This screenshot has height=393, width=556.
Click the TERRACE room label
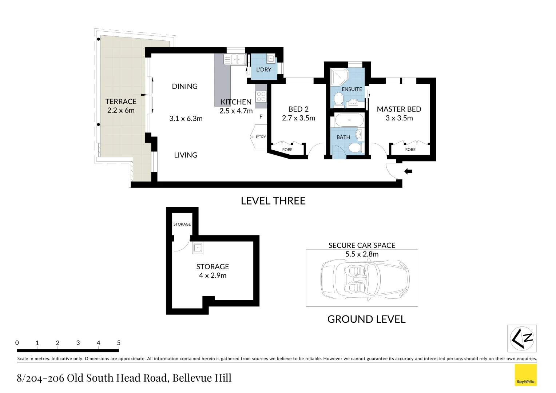point(121,102)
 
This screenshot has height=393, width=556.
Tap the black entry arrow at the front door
point(408,171)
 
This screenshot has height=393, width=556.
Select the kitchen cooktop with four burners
point(261,96)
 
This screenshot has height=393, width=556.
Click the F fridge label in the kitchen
point(261,117)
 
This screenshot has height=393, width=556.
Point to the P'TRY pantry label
point(261,137)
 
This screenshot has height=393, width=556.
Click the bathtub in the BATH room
point(349,120)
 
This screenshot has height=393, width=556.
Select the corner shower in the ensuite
point(339,77)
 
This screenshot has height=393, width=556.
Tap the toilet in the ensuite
point(339,99)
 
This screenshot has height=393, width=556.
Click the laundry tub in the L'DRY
point(271,59)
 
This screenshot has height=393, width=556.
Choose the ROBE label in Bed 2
point(287,150)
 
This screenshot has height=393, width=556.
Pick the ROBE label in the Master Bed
point(410,150)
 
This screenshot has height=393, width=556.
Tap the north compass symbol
point(522,338)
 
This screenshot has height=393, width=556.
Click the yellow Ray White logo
point(525,375)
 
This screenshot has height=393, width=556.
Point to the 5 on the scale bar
point(119,343)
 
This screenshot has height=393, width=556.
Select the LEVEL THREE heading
point(273,201)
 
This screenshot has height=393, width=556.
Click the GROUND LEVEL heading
point(366,319)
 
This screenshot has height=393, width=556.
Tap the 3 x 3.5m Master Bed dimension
point(399,118)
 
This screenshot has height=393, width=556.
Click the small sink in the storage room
point(198,248)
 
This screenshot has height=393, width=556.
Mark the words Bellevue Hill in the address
point(202,378)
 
